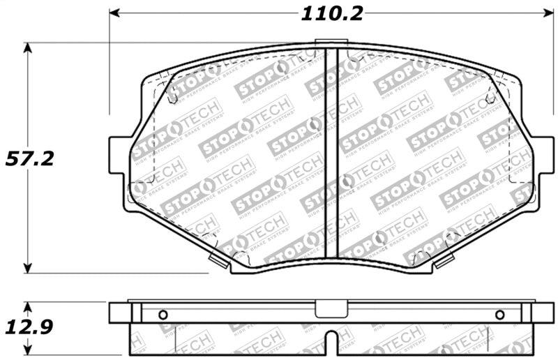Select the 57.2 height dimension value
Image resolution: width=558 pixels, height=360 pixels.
(x=29, y=158)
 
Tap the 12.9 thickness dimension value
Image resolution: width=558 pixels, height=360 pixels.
(x=29, y=326)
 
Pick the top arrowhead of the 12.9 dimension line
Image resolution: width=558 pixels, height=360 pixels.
(x=28, y=306)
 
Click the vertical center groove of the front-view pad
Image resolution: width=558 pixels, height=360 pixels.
(x=333, y=153)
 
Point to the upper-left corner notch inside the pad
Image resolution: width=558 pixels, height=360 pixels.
(x=172, y=98)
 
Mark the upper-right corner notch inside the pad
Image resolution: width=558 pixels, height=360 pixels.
(x=490, y=98)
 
